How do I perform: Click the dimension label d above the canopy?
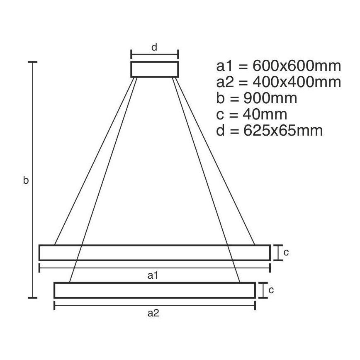pos(154,47)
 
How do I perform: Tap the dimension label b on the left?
pos(26,180)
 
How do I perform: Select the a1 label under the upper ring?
pos(153,275)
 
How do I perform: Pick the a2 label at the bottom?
pos(153,314)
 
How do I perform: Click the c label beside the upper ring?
pos(286,253)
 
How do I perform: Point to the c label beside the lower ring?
pos(271,290)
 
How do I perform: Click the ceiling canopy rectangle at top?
pos(155,69)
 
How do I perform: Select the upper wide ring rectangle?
pos(154,253)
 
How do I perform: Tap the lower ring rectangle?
pos(154,290)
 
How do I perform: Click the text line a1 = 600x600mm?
pos(278,66)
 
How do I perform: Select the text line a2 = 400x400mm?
pos(278,82)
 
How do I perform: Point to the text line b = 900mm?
pos(256,98)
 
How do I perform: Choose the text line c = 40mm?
pos(252,114)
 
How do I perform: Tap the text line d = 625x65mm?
pos(269,131)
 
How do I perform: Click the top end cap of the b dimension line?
pos(33,62)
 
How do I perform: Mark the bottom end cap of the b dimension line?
pos(33,298)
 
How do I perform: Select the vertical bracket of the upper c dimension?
pos(277,253)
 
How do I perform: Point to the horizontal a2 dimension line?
pos(154,305)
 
